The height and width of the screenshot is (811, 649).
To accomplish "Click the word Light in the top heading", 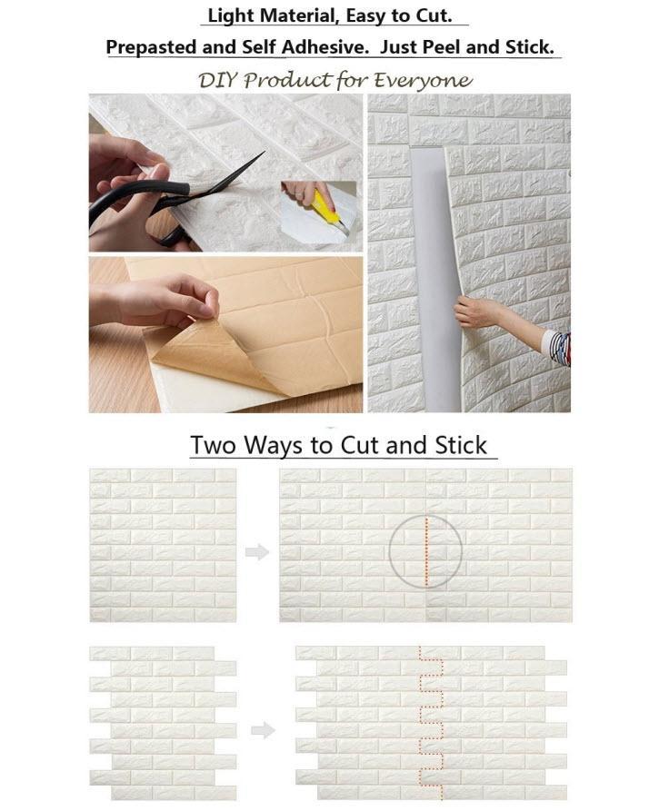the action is point(230,15).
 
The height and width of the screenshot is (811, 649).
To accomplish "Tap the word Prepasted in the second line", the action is point(152,47).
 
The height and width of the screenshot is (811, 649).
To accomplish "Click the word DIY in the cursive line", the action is point(217,80).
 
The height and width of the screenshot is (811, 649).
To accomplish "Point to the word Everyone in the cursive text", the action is point(423,81).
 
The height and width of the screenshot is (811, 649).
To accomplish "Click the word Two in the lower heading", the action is point(213,445).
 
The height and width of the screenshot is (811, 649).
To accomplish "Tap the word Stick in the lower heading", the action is point(461,445).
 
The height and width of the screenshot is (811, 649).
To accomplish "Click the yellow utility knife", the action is point(328,210).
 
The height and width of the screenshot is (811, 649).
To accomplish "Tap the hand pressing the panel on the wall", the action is point(476,312).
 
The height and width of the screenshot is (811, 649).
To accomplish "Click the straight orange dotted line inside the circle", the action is point(426,552).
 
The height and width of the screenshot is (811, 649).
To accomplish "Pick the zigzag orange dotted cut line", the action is point(432,722).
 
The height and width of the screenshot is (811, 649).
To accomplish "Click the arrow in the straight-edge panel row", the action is point(257,552).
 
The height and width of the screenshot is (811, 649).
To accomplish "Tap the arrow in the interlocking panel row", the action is point(263,730).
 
